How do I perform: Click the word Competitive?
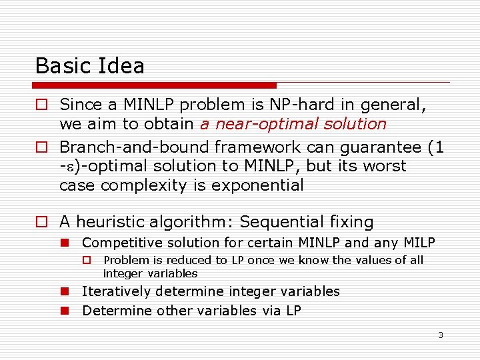(120, 243)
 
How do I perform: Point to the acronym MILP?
(416, 243)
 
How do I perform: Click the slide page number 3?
(440, 335)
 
